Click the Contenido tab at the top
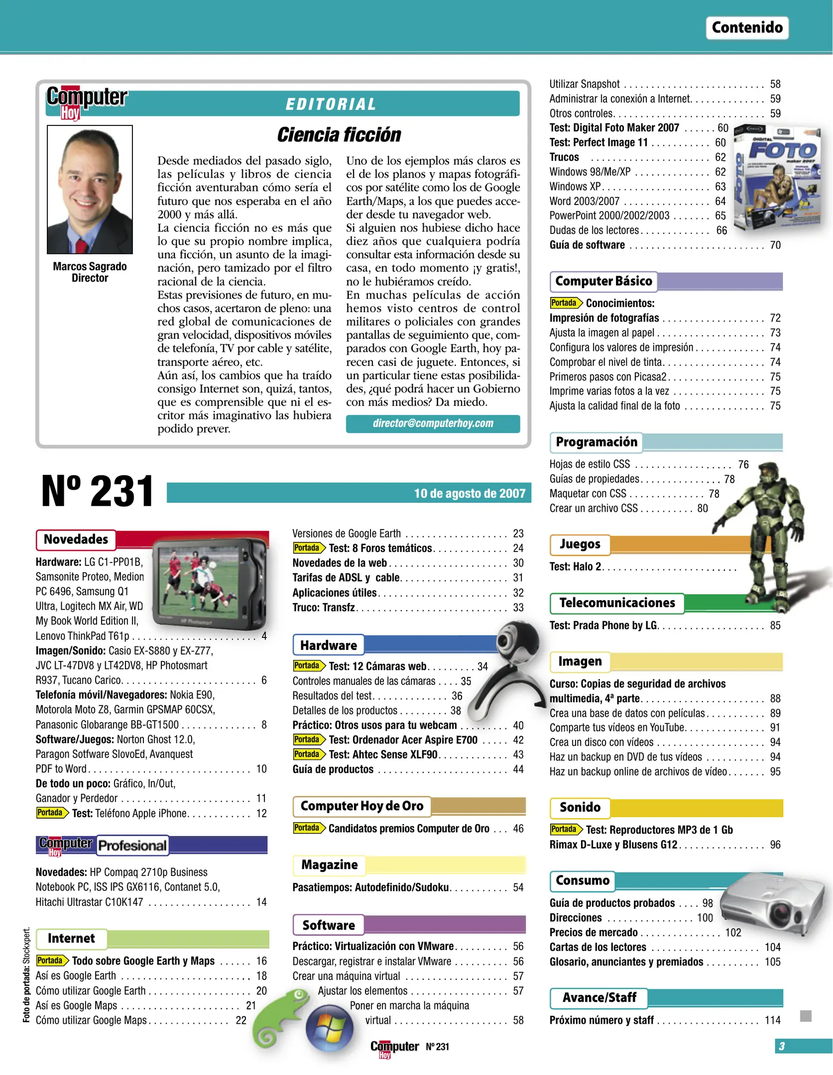point(746,27)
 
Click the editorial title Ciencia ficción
point(339,134)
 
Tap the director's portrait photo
point(90,190)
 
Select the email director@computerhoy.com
point(433,424)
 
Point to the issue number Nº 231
point(98,492)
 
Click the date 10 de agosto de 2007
point(470,493)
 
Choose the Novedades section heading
point(76,539)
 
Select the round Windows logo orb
point(329,1028)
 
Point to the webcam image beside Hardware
point(513,662)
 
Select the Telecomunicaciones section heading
point(617,603)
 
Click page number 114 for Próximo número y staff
point(772,1020)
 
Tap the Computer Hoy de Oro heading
point(361,806)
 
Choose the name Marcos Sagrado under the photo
point(90,267)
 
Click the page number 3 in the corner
point(781,1046)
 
